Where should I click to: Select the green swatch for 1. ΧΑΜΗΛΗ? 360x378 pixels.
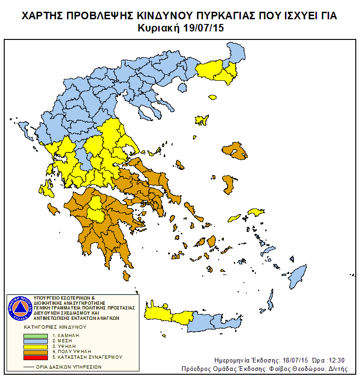coord(36,336)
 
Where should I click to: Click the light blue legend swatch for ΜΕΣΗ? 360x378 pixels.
coord(36,341)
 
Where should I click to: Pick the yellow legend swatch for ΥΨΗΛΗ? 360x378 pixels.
coord(36,346)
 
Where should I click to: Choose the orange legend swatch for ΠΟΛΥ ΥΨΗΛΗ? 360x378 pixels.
coord(36,351)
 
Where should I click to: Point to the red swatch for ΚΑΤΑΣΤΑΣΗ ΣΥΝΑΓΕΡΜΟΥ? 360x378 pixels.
coord(36,357)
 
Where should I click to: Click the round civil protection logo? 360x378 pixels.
coord(19,308)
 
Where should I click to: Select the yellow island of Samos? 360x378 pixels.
coord(257,213)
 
